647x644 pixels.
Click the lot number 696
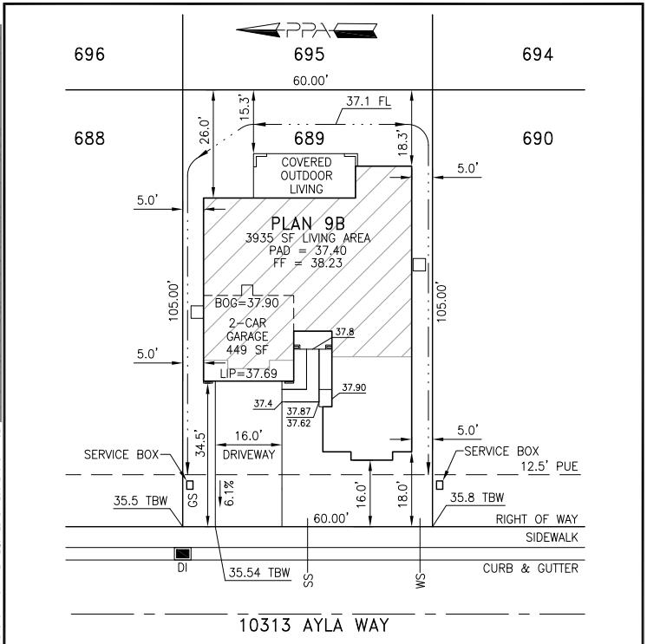tap(90, 55)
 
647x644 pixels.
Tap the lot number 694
tap(539, 55)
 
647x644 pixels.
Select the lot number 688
tap(90, 138)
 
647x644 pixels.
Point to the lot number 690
tap(539, 138)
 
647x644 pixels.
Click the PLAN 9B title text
tap(309, 223)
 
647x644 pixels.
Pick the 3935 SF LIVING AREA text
tap(308, 237)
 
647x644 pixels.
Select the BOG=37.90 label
tap(247, 303)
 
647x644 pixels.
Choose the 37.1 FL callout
tap(368, 101)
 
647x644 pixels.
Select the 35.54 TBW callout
tap(258, 573)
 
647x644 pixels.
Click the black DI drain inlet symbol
tap(183, 553)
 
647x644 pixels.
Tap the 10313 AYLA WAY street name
tap(314, 625)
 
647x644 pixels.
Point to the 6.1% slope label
tap(229, 492)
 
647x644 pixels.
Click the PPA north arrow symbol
tap(308, 32)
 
